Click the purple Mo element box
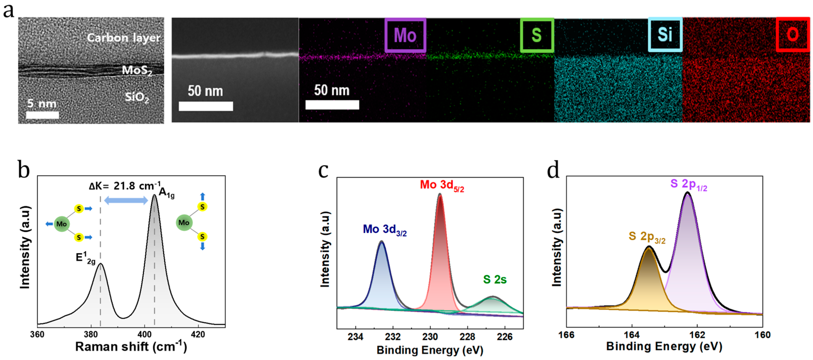pos(405,35)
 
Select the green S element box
pos(537,35)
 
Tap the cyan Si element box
pos(665,35)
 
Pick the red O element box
pos(793,35)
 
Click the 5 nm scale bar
pos(42,115)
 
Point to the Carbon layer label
pos(123,38)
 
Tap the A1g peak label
pos(166,193)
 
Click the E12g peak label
pos(85,258)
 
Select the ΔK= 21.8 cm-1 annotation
pos(125,186)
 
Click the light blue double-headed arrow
pos(126,200)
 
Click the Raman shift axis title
pos(131,347)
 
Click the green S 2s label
pos(495,280)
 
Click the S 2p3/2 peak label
pos(647,236)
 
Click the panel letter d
pos(553,170)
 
